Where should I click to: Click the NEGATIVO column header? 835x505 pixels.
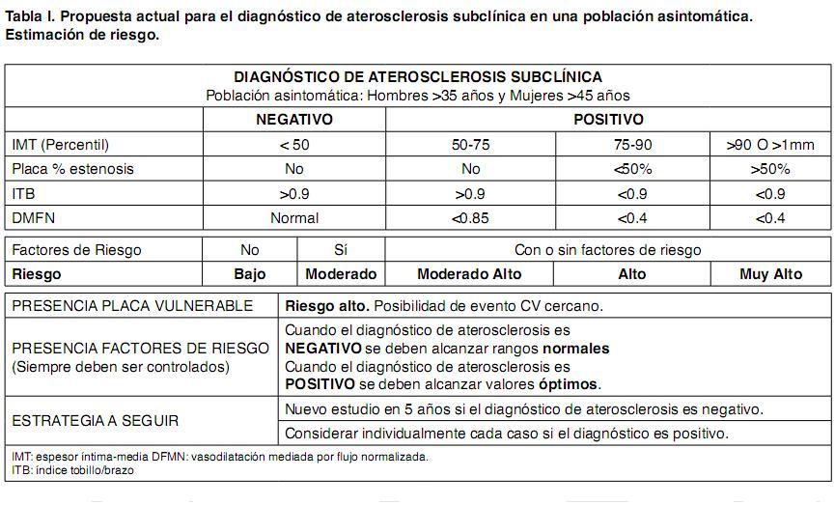[x=293, y=120]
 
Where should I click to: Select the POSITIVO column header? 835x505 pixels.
[x=608, y=120]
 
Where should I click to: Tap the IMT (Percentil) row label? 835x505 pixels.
[x=61, y=145]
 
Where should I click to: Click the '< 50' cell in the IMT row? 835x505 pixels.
[x=294, y=145]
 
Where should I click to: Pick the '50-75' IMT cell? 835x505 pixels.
[x=470, y=145]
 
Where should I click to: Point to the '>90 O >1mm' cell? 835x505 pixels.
[x=770, y=145]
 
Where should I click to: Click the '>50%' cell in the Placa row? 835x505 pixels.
[x=770, y=169]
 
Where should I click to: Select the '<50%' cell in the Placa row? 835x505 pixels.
[x=632, y=169]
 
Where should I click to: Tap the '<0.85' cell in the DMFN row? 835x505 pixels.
[x=470, y=218]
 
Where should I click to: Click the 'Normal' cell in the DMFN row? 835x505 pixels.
[x=294, y=218]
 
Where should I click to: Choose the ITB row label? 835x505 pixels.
[x=23, y=194]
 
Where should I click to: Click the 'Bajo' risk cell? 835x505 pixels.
[x=250, y=274]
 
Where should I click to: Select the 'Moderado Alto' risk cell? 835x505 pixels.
[x=469, y=274]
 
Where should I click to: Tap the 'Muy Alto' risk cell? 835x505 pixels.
[x=770, y=274]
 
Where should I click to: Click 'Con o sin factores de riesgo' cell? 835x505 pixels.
[x=608, y=250]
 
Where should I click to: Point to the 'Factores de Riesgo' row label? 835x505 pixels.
[x=76, y=250]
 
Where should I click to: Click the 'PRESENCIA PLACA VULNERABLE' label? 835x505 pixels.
[x=132, y=306]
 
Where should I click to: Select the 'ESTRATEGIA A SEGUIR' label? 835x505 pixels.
[x=96, y=422]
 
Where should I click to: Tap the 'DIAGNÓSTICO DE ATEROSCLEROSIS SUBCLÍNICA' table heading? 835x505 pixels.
[x=418, y=77]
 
